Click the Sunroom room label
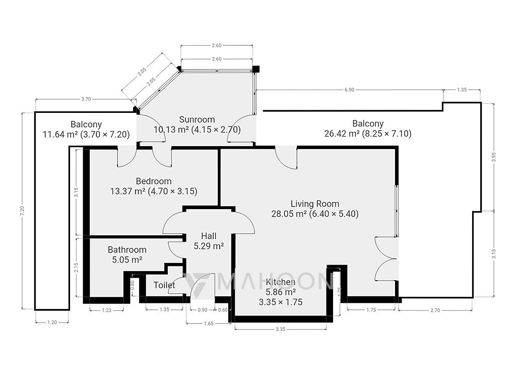197,119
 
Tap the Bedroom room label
154,181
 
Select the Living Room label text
315,204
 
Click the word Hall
209,236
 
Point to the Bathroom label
127,250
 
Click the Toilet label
164,285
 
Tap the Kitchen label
280,282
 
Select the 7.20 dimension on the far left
22,211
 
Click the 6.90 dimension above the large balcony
349,90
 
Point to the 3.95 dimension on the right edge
494,157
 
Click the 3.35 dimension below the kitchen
280,329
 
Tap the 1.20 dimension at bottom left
52,322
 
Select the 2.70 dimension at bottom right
435,310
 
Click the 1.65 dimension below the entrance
209,324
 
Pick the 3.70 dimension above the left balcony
86,99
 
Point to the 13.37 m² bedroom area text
127,191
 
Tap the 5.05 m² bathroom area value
127,260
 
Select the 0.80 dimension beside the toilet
133,284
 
